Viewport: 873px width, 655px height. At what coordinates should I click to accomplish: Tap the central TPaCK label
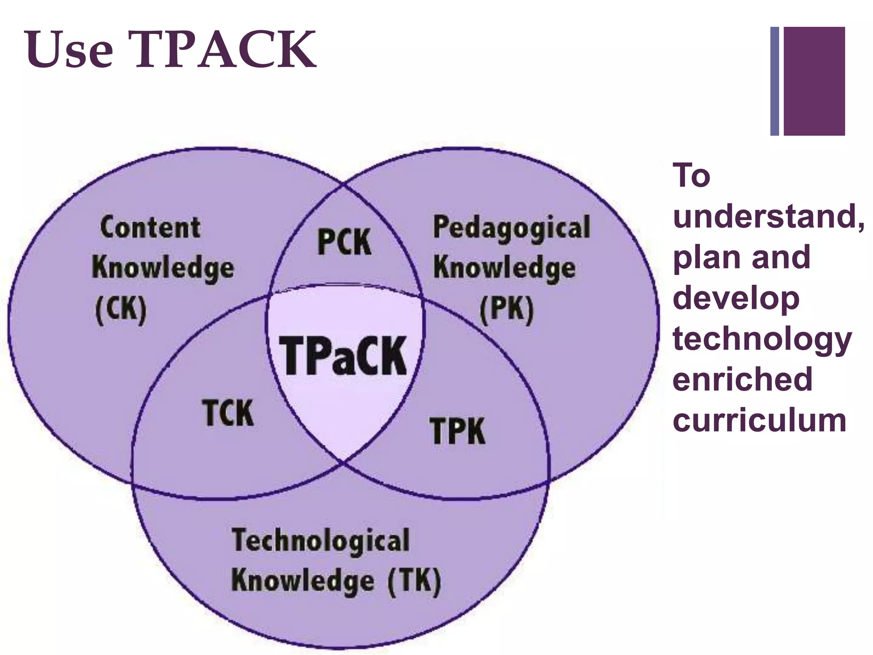pyautogui.click(x=344, y=356)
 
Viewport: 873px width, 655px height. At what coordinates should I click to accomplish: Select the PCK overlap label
pyautogui.click(x=344, y=242)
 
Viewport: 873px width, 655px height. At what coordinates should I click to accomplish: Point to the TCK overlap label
pyautogui.click(x=228, y=413)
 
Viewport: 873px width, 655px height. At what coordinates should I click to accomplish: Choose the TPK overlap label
pyautogui.click(x=458, y=431)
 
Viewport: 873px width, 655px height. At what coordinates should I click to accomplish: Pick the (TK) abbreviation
pyautogui.click(x=414, y=581)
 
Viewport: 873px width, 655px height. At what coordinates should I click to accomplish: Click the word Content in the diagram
pyautogui.click(x=150, y=227)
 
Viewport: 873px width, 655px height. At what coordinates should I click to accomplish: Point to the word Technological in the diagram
pyautogui.click(x=321, y=541)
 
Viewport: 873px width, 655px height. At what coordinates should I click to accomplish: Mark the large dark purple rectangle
pyautogui.click(x=814, y=81)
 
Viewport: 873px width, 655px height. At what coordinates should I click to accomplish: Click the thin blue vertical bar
pyautogui.click(x=775, y=81)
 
